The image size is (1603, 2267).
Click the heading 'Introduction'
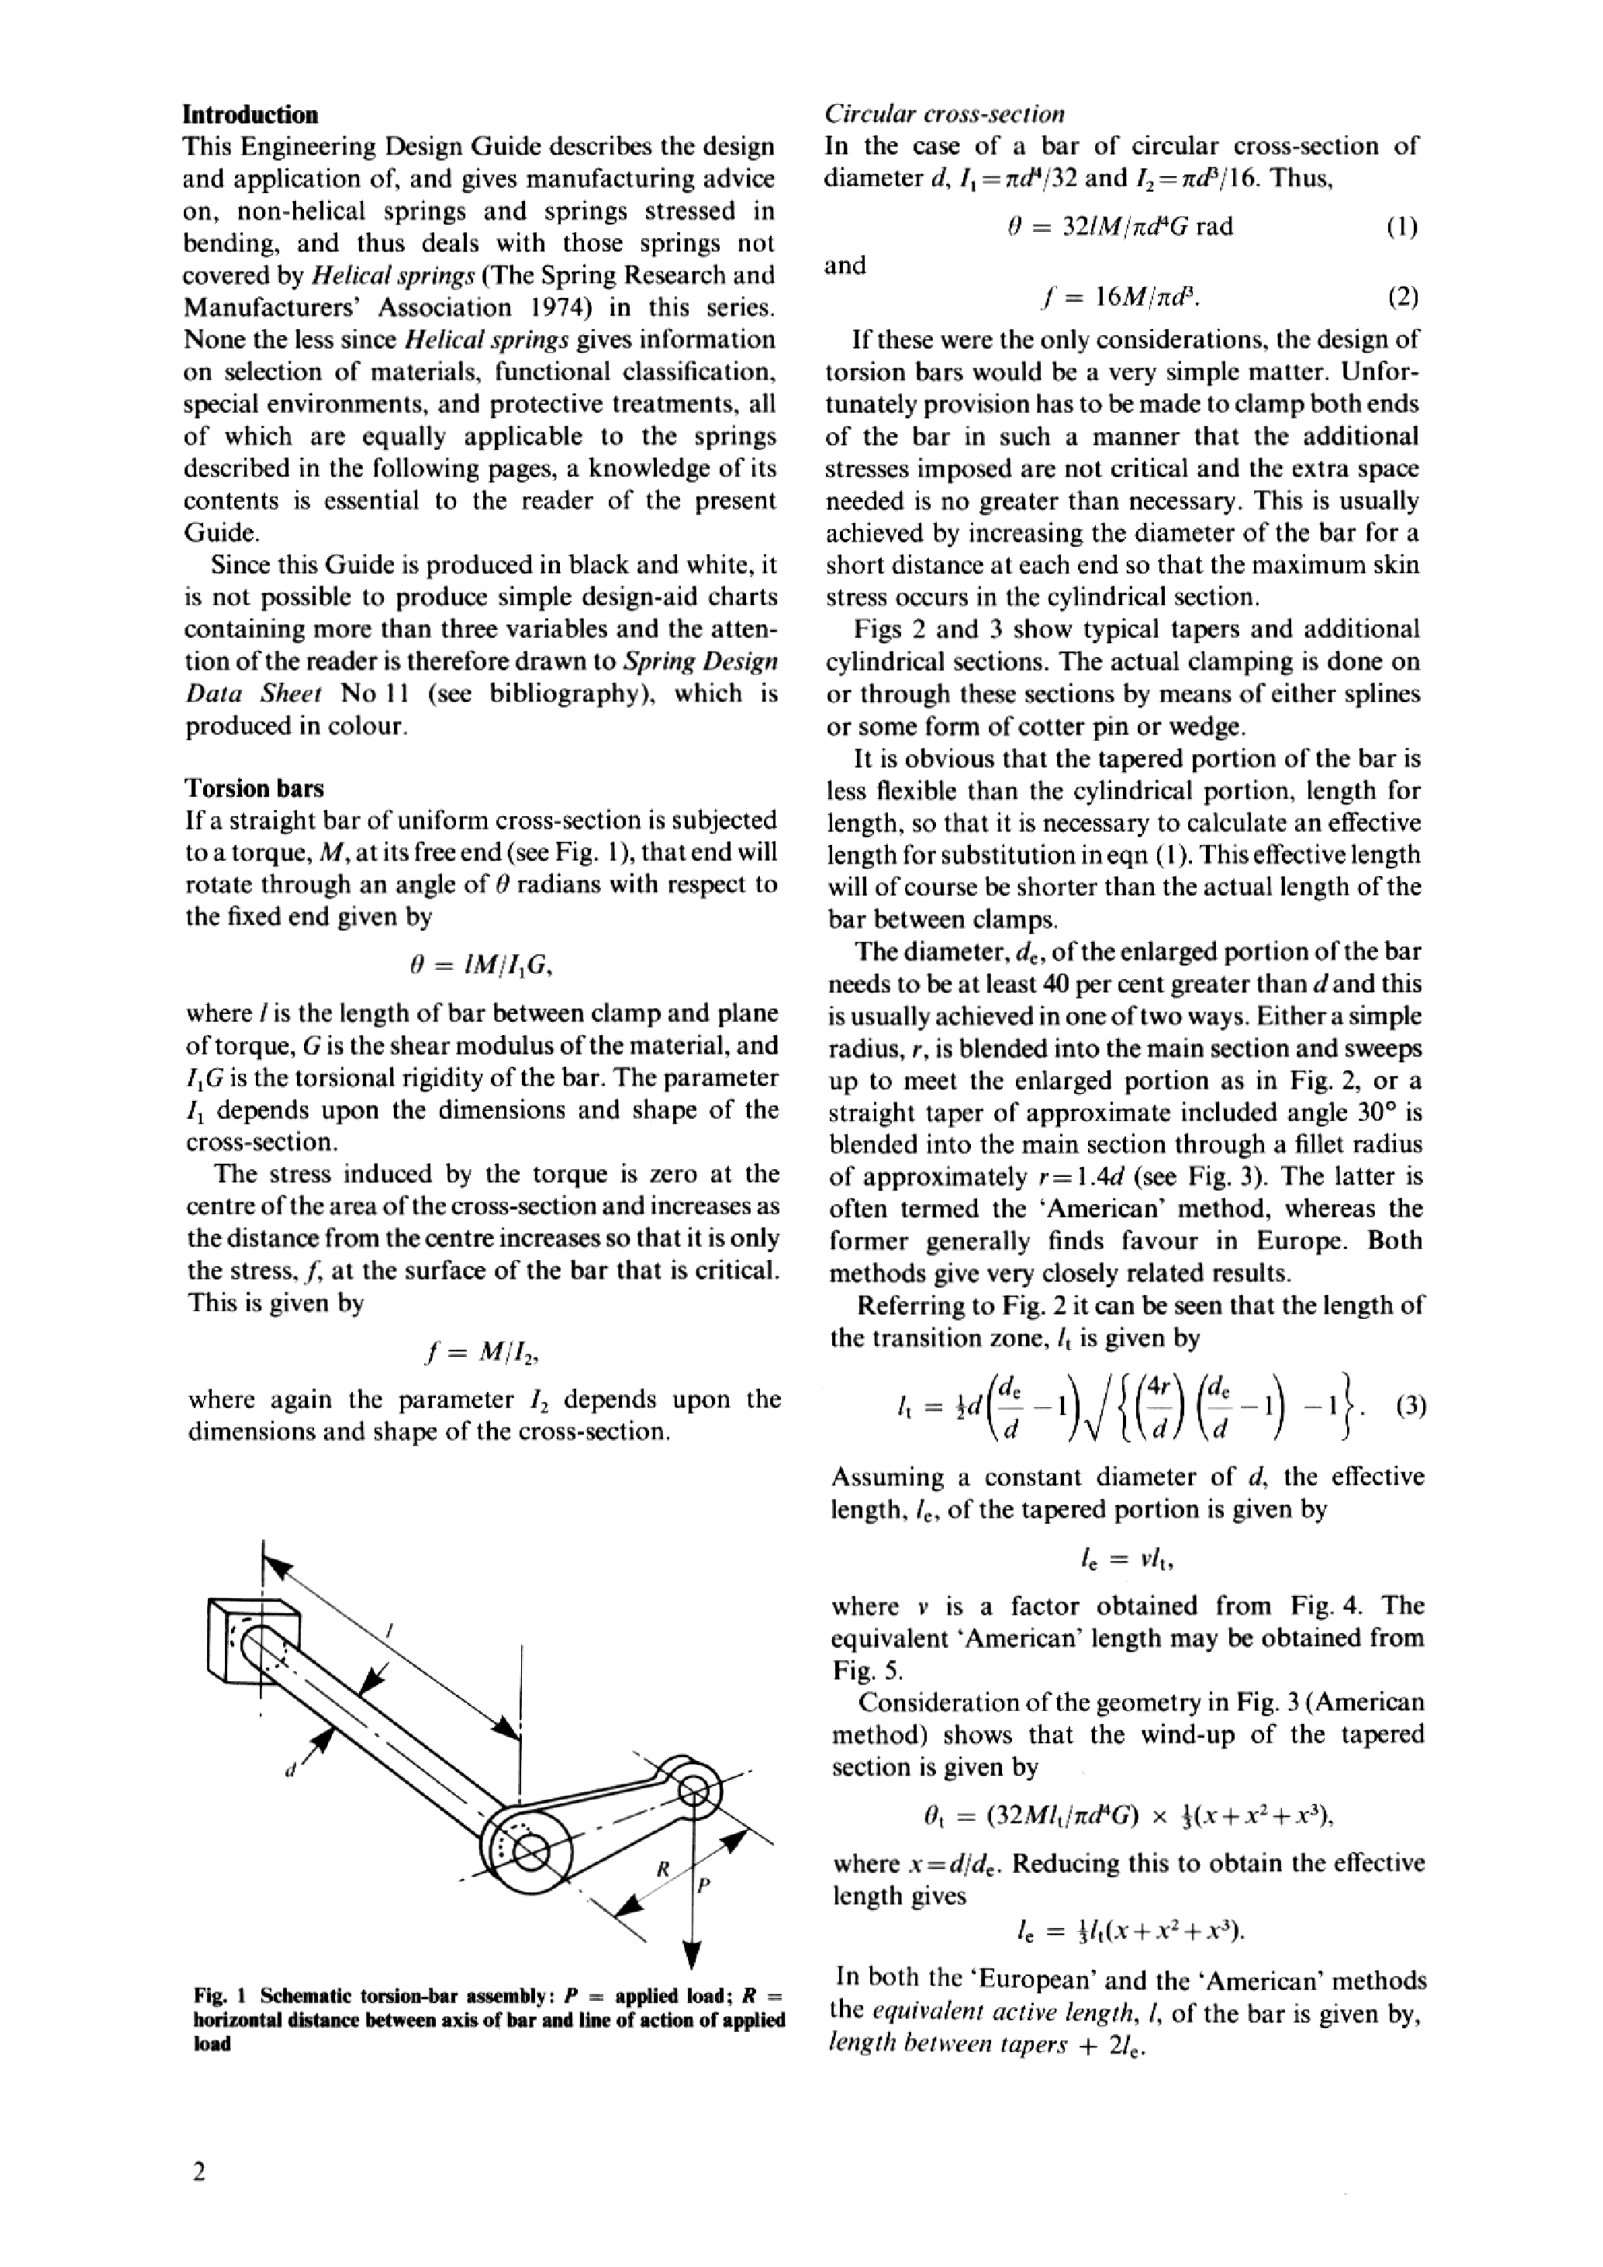pyautogui.click(x=250, y=115)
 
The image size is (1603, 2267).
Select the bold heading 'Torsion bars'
pyautogui.click(x=254, y=788)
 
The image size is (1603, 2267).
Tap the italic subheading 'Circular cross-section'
pyautogui.click(x=945, y=115)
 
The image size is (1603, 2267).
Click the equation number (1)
pyautogui.click(x=1401, y=227)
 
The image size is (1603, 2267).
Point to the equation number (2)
pyautogui.click(x=1401, y=297)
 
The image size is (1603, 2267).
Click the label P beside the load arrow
pyautogui.click(x=703, y=1885)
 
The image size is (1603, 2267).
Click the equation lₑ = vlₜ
pyautogui.click(x=1125, y=1559)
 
